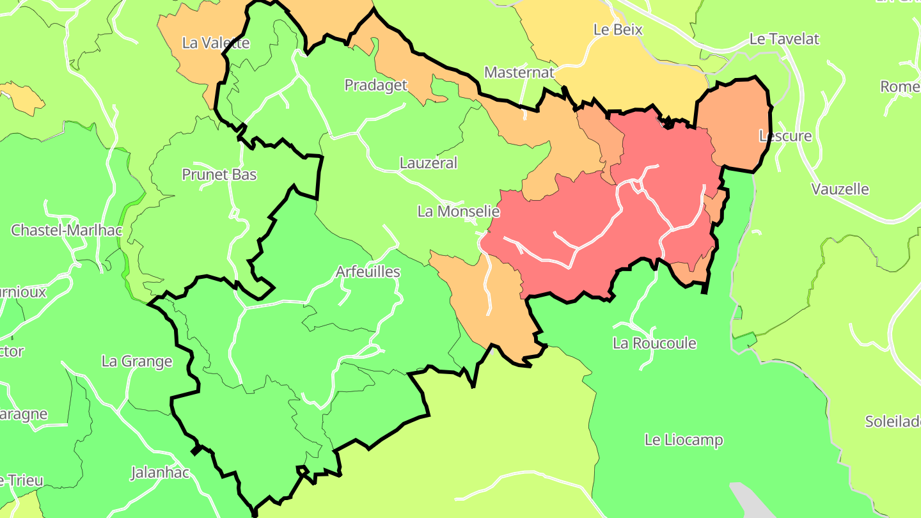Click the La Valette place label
click(216, 43)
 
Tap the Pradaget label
click(375, 85)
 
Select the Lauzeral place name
click(429, 163)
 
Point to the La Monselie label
click(459, 211)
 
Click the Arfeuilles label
click(368, 272)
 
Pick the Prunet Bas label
click(219, 175)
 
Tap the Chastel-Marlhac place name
click(67, 230)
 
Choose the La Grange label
click(137, 361)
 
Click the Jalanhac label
click(160, 473)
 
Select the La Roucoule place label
click(654, 343)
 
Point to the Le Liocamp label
click(684, 440)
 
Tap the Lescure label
click(785, 136)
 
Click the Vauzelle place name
click(840, 189)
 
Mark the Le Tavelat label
click(784, 39)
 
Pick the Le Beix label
click(618, 29)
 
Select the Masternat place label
click(519, 72)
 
